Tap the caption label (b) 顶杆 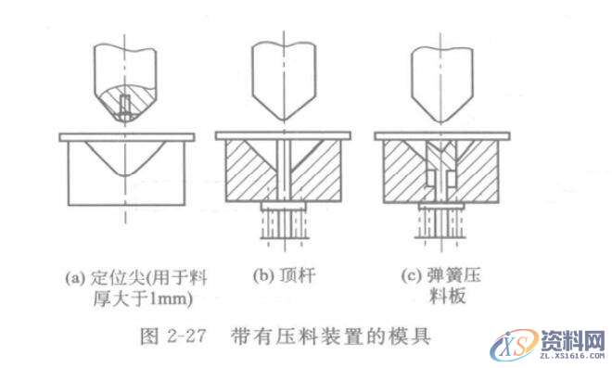[x=284, y=275]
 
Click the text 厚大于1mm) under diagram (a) [x=133, y=298]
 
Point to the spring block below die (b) [x=284, y=222]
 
